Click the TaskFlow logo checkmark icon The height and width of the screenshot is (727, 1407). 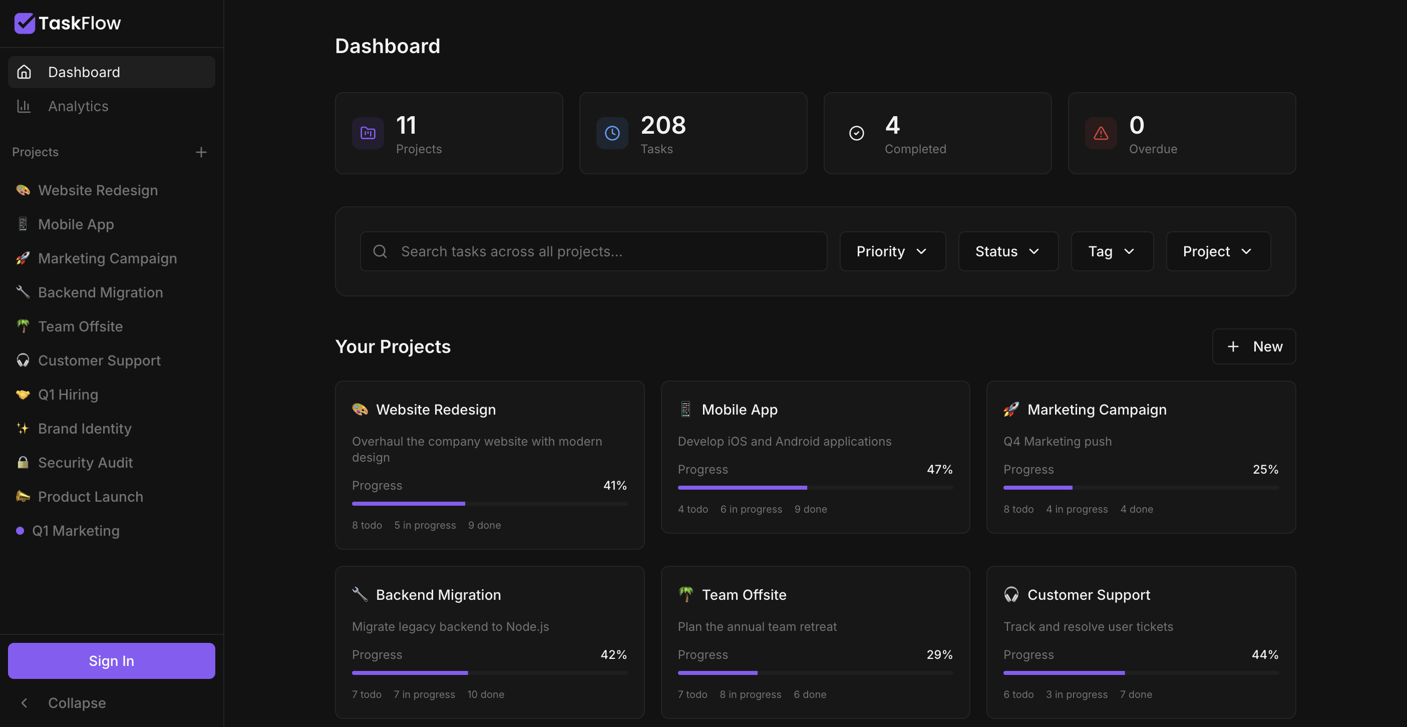tap(25, 24)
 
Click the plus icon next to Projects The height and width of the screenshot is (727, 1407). tap(201, 152)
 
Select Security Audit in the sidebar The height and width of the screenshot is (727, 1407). tap(85, 463)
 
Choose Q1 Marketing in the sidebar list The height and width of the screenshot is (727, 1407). tap(76, 531)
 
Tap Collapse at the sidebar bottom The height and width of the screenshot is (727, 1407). tap(77, 703)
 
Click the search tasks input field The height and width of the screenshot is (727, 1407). tap(594, 251)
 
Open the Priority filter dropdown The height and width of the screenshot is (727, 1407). tap(892, 251)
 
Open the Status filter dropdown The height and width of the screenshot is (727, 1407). tap(1008, 251)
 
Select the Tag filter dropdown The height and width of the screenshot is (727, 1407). tap(1112, 251)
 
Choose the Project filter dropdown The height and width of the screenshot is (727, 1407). tap(1218, 251)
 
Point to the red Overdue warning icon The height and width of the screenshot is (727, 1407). tap(1101, 133)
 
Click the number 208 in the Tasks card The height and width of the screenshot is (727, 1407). tap(663, 125)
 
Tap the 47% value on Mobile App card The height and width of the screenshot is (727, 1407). tap(939, 469)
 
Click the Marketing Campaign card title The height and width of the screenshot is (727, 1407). tap(1097, 410)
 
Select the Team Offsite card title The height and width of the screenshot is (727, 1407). tap(744, 595)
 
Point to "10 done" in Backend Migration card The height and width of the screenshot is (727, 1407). tap(486, 694)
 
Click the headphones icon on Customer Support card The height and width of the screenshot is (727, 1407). tap(1011, 594)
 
